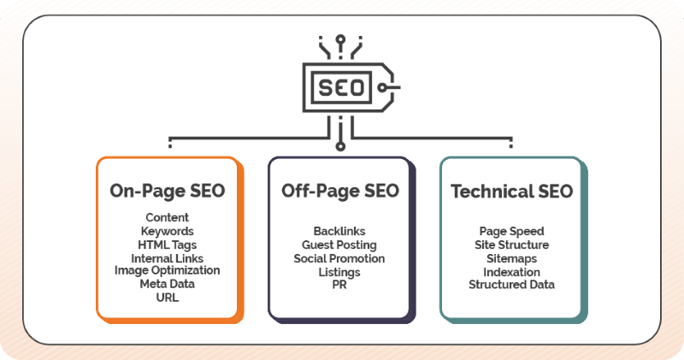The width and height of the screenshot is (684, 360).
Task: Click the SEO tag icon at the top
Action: pyautogui.click(x=341, y=86)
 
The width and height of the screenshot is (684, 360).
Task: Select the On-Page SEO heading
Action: pyautogui.click(x=168, y=191)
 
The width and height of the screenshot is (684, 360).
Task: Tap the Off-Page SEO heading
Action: pyautogui.click(x=339, y=191)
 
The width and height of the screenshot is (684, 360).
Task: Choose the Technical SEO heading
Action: pyautogui.click(x=511, y=191)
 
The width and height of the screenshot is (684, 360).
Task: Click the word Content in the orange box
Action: pyautogui.click(x=168, y=218)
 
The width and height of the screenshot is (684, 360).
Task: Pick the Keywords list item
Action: pyautogui.click(x=168, y=231)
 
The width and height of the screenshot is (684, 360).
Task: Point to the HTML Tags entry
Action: pyautogui.click(x=168, y=245)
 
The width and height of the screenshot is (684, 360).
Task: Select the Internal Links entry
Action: pyautogui.click(x=168, y=258)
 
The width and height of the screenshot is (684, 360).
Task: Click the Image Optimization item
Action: pyautogui.click(x=168, y=270)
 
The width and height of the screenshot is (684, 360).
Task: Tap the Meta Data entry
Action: pyautogui.click(x=168, y=284)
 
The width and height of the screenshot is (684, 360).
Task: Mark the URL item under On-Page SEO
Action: pyautogui.click(x=168, y=297)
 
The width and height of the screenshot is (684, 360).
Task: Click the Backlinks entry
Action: pyautogui.click(x=339, y=232)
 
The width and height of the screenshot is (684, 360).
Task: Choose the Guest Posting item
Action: pyautogui.click(x=339, y=245)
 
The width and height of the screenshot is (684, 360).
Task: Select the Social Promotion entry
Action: pyautogui.click(x=339, y=258)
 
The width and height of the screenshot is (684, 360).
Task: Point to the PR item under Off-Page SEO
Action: pyautogui.click(x=339, y=285)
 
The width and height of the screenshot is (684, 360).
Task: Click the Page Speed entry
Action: pyautogui.click(x=511, y=232)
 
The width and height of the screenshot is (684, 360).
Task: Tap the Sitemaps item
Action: pyautogui.click(x=511, y=258)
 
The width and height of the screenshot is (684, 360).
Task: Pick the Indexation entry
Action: pyautogui.click(x=511, y=271)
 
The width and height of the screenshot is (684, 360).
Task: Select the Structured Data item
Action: pyautogui.click(x=511, y=285)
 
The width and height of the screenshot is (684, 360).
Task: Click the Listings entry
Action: pyautogui.click(x=339, y=271)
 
